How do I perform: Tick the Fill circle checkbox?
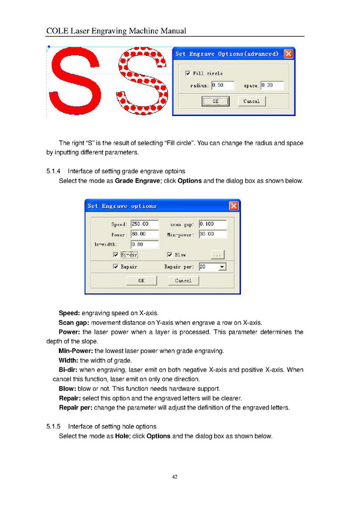[x=188, y=73]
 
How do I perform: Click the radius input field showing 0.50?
[x=222, y=85]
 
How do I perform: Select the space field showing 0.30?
[x=272, y=85]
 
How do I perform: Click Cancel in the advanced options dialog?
[x=251, y=101]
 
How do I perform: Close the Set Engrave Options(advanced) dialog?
[x=288, y=54]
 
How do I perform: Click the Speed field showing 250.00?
[x=145, y=224]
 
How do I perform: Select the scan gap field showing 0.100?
[x=213, y=224]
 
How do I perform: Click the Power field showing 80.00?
[x=145, y=234]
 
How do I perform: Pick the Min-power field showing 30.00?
[x=213, y=234]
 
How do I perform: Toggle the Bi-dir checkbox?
[x=115, y=254]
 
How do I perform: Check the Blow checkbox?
[x=169, y=254]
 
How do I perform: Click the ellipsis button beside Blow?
[x=218, y=254]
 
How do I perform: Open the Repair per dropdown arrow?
[x=222, y=267]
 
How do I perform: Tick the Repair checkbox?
[x=115, y=266]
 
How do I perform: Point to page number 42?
[x=174, y=477]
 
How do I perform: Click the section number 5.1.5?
[x=53, y=426]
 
